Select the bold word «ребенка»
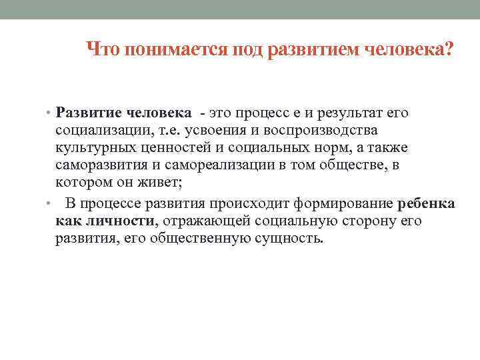(427, 204)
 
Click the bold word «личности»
(121, 221)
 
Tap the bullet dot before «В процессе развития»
(49, 204)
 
